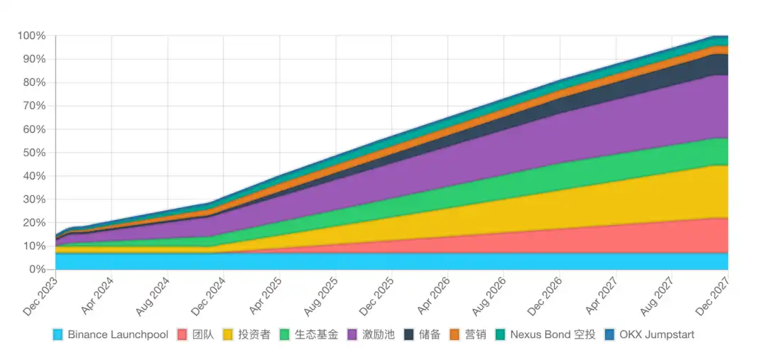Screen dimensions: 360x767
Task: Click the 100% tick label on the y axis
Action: coord(31,36)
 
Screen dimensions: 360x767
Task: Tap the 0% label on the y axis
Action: coord(37,270)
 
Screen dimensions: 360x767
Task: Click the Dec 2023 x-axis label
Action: coord(41,298)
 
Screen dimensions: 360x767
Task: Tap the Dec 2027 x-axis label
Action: coord(714,298)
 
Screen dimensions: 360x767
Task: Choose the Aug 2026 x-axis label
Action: coord(490,298)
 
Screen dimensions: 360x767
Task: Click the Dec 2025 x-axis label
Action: coord(378,298)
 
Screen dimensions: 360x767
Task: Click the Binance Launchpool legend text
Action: coord(117,334)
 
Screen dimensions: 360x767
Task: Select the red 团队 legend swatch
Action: coord(182,334)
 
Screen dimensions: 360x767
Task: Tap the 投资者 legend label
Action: coord(254,334)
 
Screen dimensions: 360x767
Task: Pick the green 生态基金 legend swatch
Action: coord(285,334)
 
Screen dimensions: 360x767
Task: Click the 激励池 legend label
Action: coord(379,334)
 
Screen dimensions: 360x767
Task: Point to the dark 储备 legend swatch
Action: coord(409,334)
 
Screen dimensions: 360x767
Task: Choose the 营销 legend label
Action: coord(475,334)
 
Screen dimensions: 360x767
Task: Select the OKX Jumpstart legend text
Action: coord(657,334)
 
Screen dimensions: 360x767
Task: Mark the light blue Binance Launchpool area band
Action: coord(391,261)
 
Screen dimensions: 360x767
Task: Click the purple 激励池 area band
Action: coord(568,128)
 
